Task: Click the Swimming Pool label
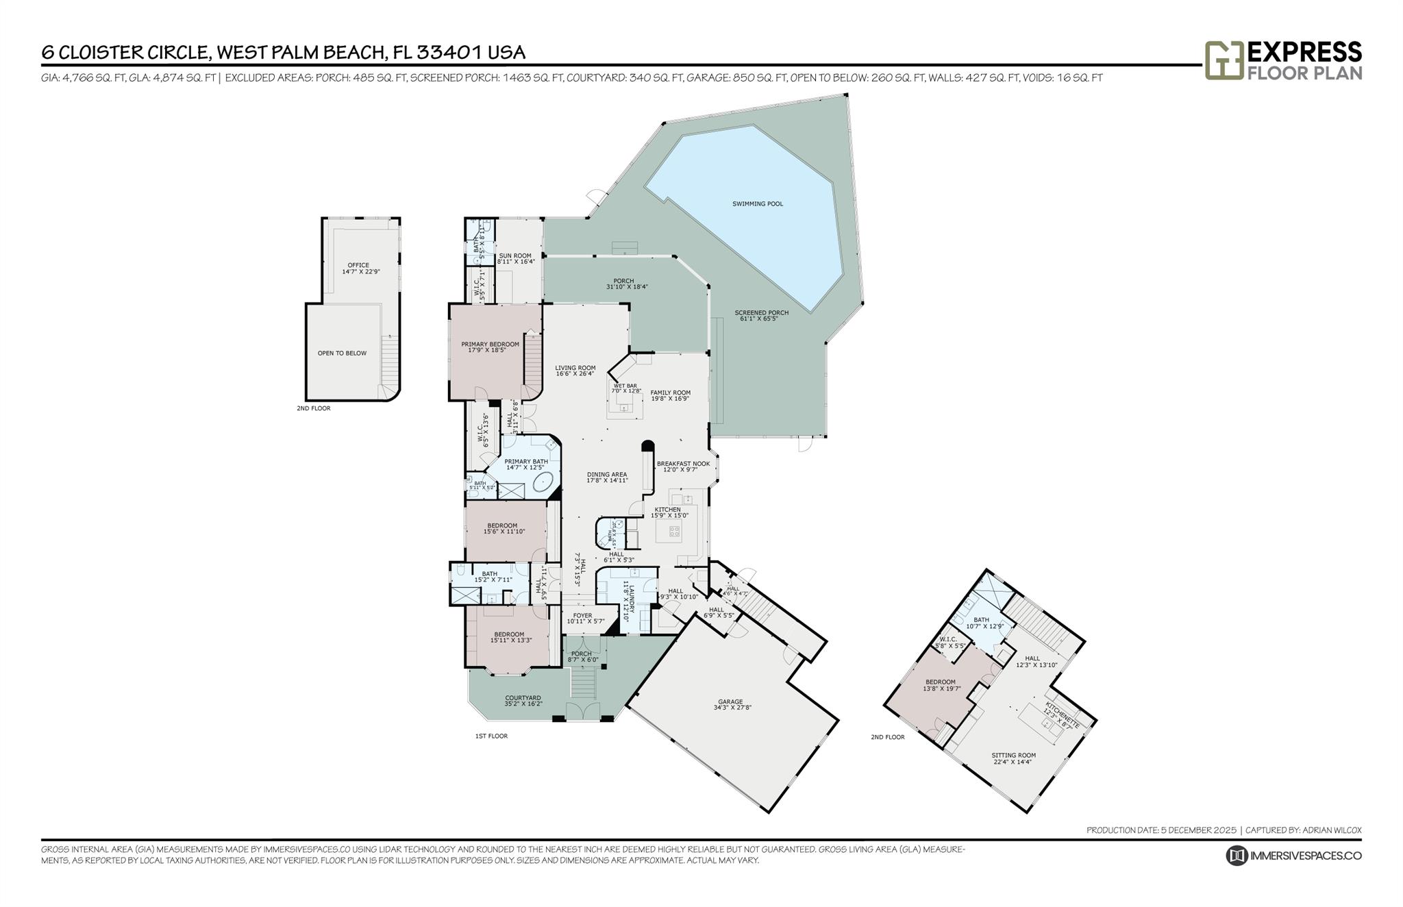coord(757,203)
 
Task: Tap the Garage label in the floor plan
coord(730,701)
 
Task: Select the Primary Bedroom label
coord(490,345)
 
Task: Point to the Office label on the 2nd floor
coord(358,265)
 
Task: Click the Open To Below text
coord(342,353)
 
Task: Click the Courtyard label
coord(523,698)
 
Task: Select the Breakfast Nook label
coord(683,464)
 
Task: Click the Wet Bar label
coord(625,386)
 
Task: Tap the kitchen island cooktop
coord(673,530)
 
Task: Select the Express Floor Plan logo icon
coord(1224,61)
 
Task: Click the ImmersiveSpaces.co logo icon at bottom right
coord(1237,856)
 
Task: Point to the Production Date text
coord(1161,830)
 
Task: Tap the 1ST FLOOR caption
coord(491,736)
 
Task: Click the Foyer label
coord(582,615)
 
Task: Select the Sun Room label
coord(515,256)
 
